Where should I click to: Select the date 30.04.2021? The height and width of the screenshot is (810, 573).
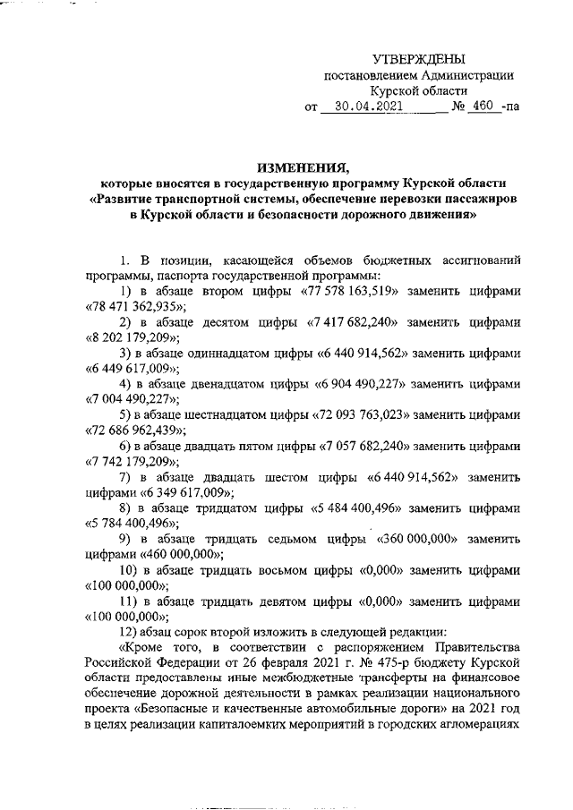tap(363, 107)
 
